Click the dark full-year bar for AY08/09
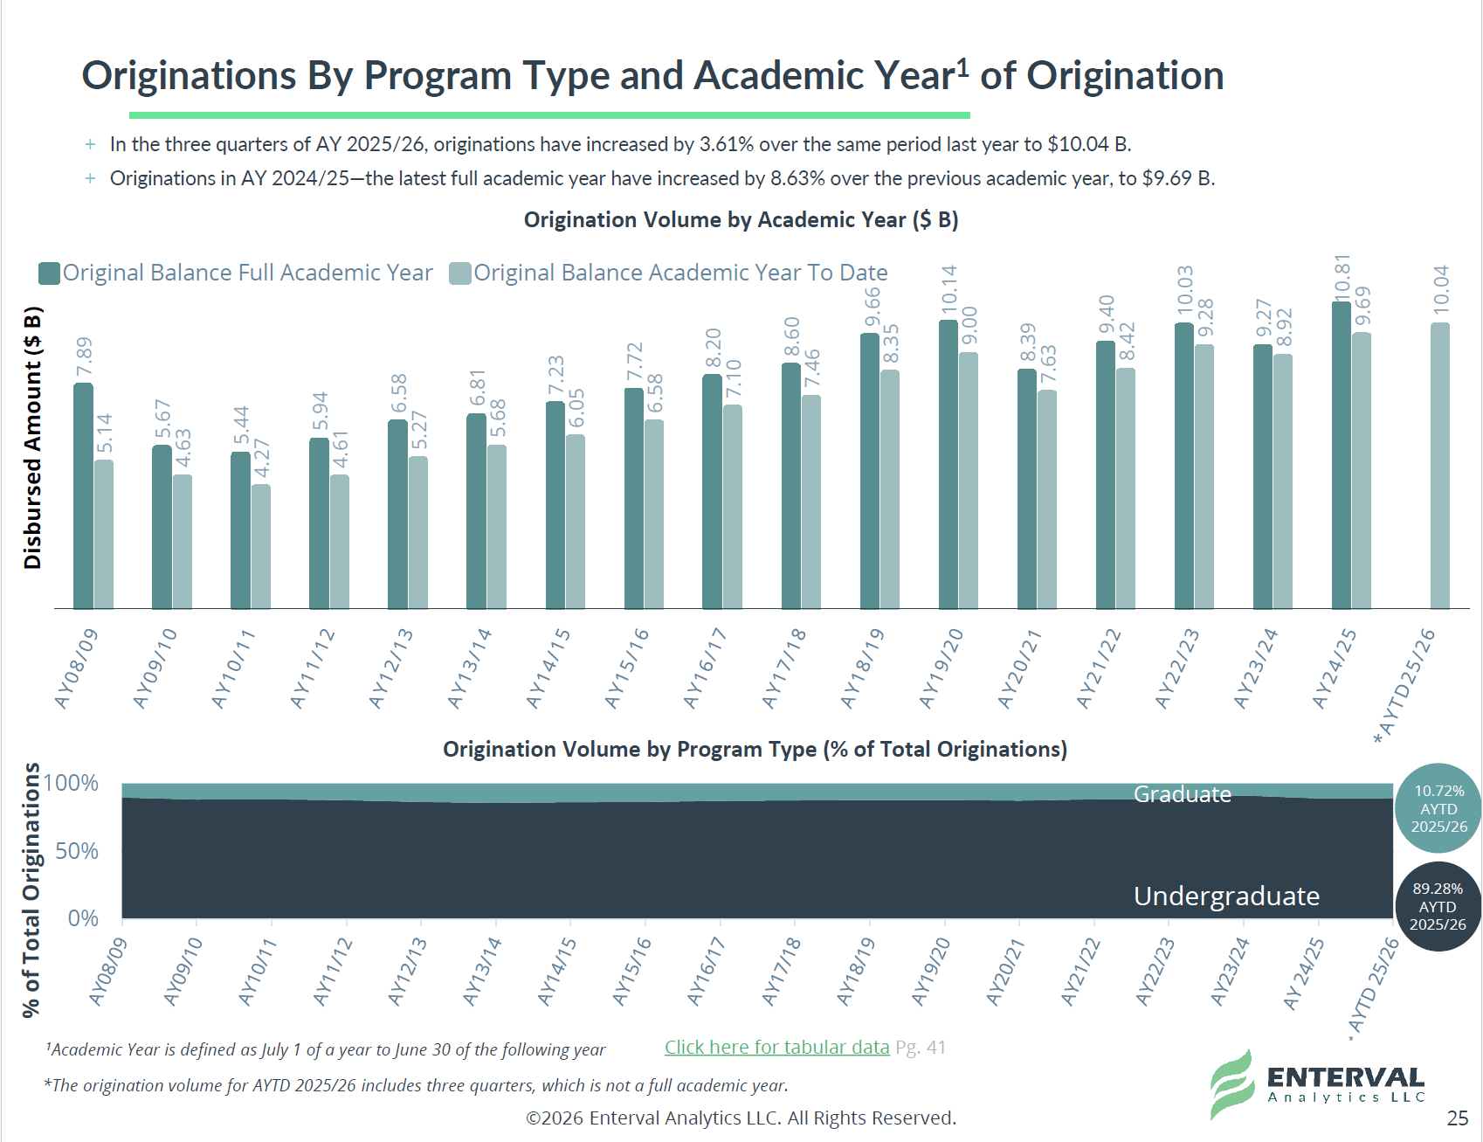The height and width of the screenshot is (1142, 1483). pos(83,495)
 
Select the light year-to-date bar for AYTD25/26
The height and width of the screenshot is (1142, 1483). pos(1440,466)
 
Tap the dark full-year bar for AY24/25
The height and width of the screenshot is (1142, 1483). pos(1342,455)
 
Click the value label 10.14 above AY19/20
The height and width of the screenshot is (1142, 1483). pos(949,290)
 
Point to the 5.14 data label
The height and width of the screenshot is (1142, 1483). pos(104,434)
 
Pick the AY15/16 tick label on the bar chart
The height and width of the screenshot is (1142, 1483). pos(627,668)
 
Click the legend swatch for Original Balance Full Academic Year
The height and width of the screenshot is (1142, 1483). pos(49,273)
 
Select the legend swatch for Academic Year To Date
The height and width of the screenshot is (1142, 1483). pos(460,273)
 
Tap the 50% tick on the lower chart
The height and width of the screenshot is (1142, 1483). pos(77,851)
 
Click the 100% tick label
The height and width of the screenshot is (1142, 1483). pos(71,783)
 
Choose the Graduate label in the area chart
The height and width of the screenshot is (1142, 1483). pos(1183,794)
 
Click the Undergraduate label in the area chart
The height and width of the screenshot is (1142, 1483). pos(1226,896)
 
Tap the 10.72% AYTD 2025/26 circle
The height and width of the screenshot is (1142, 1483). pos(1438,808)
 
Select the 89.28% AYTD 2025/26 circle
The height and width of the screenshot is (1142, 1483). pos(1438,906)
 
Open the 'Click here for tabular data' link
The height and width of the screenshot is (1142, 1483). pos(776,1047)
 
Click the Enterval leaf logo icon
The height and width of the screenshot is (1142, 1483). pos(1232,1084)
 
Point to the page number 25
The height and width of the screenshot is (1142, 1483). pos(1458,1118)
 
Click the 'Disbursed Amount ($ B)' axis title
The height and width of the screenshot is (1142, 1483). pos(32,438)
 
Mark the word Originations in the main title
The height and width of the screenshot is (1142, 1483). pos(190,76)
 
